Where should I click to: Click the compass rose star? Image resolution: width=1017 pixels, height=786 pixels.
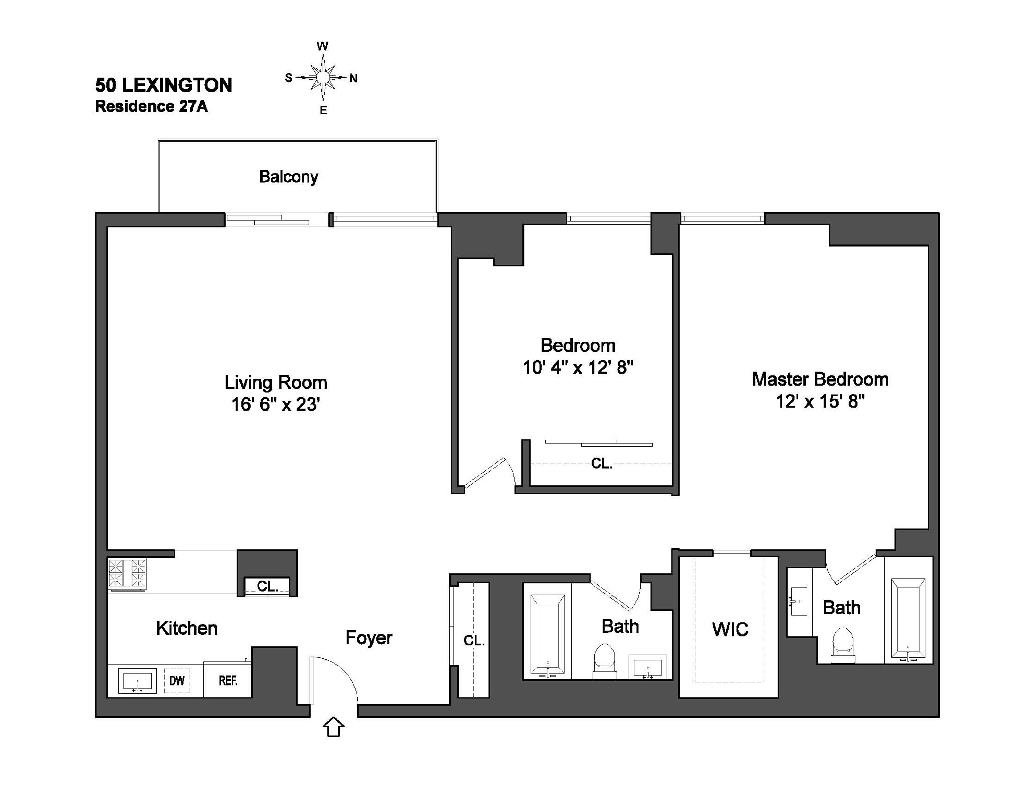323,77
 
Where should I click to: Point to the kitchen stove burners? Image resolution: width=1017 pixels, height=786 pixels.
127,573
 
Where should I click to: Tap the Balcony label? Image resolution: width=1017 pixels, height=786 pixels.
289,177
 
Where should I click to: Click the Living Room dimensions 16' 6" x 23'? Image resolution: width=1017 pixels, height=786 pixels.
276,404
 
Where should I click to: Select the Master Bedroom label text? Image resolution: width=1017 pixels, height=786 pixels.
820,379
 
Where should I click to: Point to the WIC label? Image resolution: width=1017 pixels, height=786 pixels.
730,629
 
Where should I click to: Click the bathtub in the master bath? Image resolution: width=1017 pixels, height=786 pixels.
908,618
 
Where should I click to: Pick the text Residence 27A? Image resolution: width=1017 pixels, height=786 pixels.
151,107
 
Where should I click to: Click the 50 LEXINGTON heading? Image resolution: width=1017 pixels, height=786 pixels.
163,85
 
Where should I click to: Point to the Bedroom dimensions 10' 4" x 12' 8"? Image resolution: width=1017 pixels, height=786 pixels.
578,368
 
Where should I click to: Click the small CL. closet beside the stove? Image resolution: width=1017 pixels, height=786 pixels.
267,586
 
